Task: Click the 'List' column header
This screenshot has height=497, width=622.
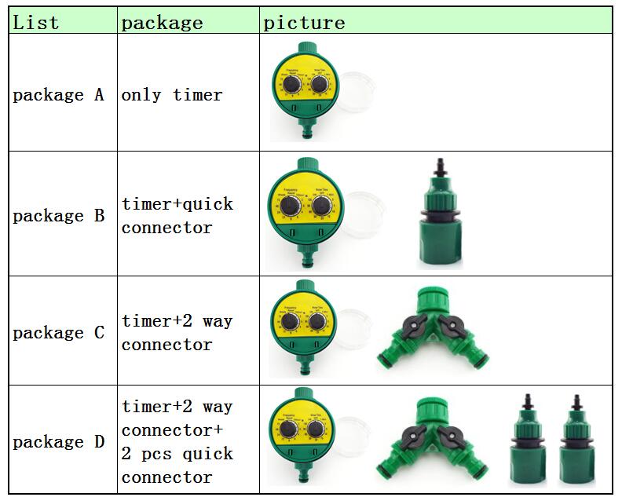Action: point(36,22)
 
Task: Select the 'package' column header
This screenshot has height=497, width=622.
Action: point(162,22)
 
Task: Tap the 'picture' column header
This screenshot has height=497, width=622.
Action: point(304,22)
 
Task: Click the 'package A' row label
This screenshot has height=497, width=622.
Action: point(58,95)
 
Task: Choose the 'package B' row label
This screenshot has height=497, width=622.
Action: point(58,215)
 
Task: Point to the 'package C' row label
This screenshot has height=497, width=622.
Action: point(58,332)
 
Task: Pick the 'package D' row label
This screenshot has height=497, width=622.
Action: point(58,442)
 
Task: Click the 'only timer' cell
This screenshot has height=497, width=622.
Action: point(172,95)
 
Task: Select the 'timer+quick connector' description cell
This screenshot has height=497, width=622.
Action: point(177,215)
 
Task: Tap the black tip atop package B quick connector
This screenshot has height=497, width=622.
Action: point(438,167)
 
